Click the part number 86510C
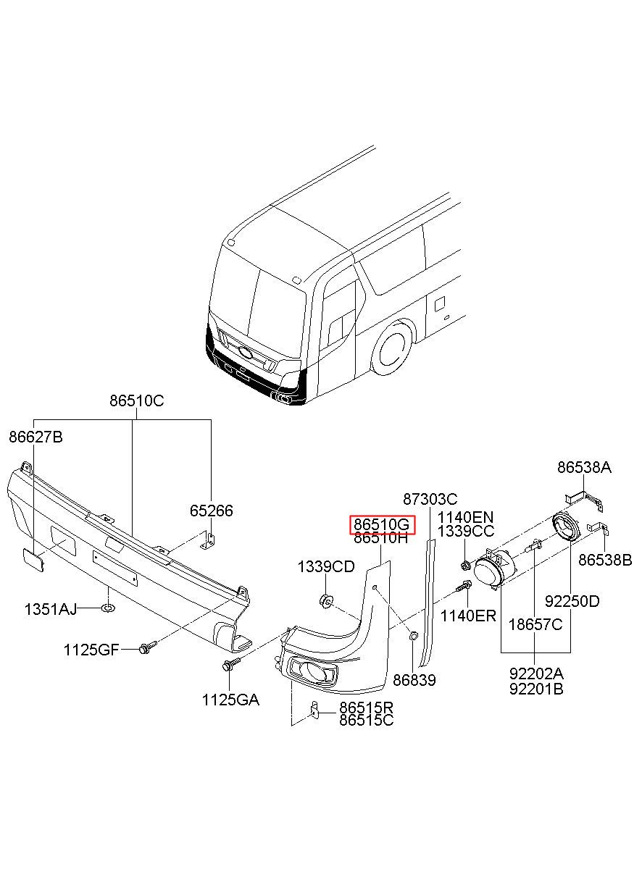coord(137,401)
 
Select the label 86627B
coord(36,437)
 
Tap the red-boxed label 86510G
coord(382,524)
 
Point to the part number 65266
coord(211,511)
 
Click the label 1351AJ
coord(51,609)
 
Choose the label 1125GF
coord(91,650)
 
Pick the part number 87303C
coord(430,499)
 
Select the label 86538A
coord(584,467)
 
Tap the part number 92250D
coord(572,602)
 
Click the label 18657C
coord(535,625)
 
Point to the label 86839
coord(414,680)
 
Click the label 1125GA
coord(230,700)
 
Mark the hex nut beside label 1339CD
coord(325,600)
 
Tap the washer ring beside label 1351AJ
coord(108,608)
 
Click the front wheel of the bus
coord(392,348)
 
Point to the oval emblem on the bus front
coord(246,353)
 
